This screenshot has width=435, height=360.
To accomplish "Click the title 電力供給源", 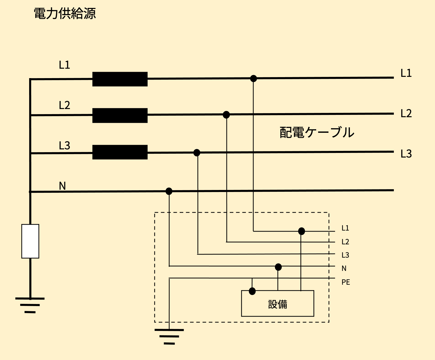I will [65, 14].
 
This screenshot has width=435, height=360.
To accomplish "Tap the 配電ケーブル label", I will [317, 132].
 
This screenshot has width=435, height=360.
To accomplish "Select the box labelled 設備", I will [278, 304].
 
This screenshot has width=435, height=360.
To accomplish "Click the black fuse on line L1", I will [120, 79].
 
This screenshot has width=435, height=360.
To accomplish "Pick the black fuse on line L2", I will [120, 115].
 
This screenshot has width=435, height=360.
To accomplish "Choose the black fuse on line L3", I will [120, 152].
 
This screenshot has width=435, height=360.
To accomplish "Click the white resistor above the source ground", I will [30, 241].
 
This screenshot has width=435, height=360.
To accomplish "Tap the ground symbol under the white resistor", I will [30, 305].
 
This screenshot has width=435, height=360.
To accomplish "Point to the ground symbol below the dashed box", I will [169, 337].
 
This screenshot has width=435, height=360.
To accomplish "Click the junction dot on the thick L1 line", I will [253, 78].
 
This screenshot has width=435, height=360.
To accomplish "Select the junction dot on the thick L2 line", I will [226, 115].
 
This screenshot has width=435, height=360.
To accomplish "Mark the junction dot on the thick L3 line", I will [197, 153].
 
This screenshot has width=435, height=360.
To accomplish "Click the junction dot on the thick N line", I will [169, 191].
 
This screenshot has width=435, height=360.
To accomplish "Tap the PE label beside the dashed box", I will [346, 282].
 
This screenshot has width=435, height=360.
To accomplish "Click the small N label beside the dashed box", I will [344, 268].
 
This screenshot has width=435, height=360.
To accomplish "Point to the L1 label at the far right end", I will [406, 73].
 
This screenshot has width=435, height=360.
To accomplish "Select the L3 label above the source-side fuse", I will [64, 146].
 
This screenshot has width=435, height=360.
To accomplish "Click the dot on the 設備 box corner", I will [252, 291].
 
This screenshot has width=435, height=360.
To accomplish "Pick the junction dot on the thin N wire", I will [278, 267].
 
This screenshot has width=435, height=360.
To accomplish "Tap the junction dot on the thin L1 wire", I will [302, 231].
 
